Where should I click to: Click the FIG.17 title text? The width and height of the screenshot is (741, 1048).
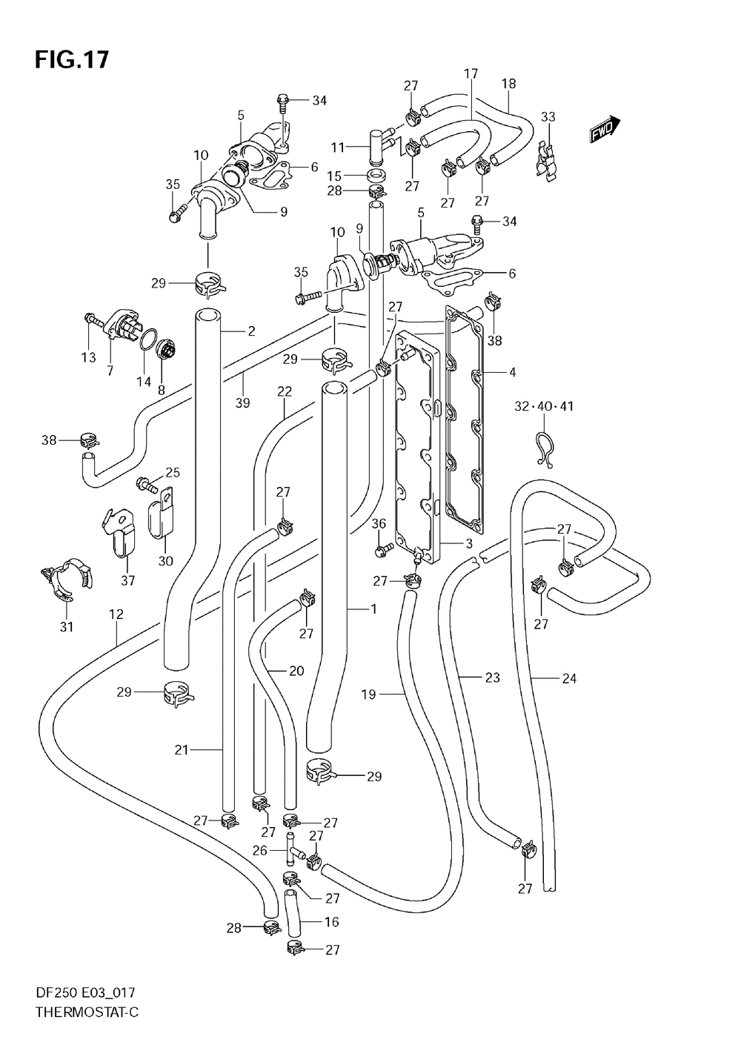(72, 59)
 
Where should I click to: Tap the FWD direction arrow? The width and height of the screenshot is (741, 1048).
(605, 130)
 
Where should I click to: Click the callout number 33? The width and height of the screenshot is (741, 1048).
(548, 116)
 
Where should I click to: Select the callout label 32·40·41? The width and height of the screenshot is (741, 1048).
(544, 406)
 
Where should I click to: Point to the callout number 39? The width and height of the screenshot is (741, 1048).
(242, 403)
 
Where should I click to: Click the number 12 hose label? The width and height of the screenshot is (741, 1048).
(116, 614)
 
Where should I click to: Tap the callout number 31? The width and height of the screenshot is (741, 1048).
(67, 626)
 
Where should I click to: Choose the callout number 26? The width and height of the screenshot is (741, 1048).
(259, 850)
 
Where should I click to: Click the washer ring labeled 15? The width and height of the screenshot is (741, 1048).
(375, 176)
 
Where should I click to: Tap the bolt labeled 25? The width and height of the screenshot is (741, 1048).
(147, 484)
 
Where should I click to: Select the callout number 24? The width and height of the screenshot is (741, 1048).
(569, 678)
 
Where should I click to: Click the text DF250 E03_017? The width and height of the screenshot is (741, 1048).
(84, 1005)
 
